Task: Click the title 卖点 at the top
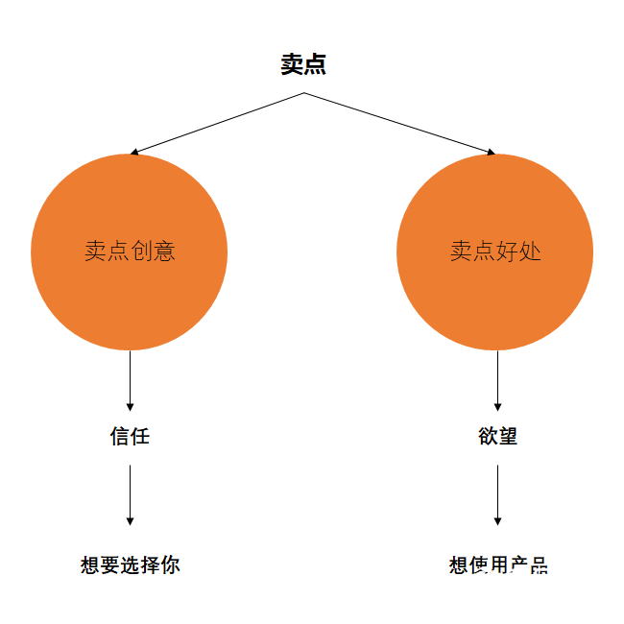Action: [303, 64]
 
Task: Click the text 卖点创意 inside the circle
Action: [130, 252]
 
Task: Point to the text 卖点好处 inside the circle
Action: [495, 252]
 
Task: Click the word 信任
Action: [130, 436]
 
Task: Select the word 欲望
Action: [497, 436]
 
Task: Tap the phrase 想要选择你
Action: [130, 564]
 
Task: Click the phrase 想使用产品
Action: [497, 564]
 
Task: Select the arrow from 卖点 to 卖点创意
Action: [218, 123]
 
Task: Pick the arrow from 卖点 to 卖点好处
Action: [399, 123]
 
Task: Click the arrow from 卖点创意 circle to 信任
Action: [130, 380]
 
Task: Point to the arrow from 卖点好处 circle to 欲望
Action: [497, 380]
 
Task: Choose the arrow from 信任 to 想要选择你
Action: [130, 494]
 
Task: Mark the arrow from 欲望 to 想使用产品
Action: [497, 494]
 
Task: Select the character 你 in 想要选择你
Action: [170, 564]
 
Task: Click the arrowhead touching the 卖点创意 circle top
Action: [135, 152]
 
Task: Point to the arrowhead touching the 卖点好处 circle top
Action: [491, 152]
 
